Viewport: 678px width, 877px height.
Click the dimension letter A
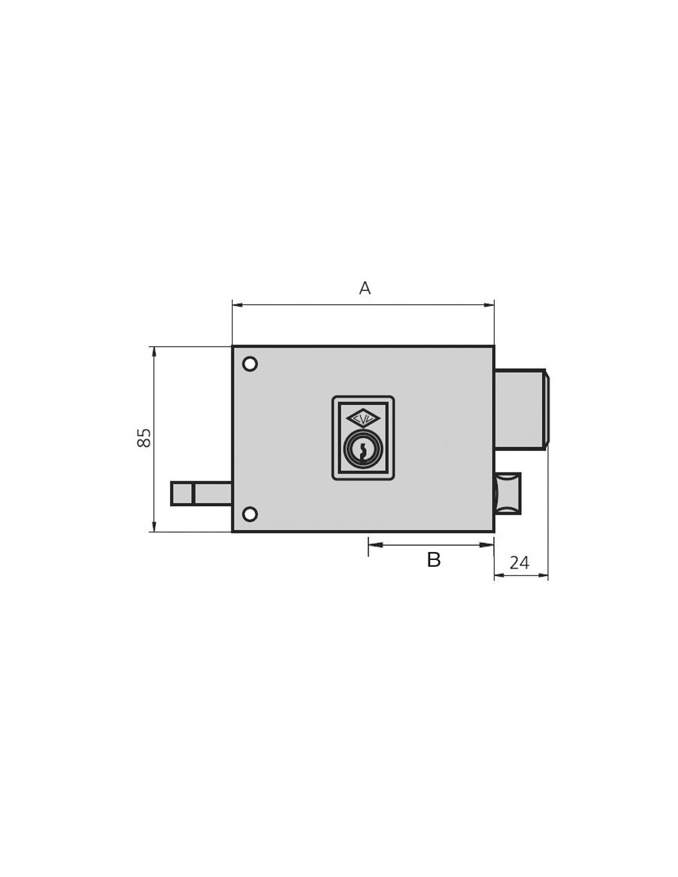click(364, 288)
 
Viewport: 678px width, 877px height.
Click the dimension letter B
click(433, 560)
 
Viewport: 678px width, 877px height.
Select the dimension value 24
click(519, 562)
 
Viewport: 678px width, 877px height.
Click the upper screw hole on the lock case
click(250, 364)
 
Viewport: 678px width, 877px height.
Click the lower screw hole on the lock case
click(250, 514)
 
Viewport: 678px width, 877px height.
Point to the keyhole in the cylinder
click(363, 451)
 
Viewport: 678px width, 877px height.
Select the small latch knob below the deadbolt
click(508, 493)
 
